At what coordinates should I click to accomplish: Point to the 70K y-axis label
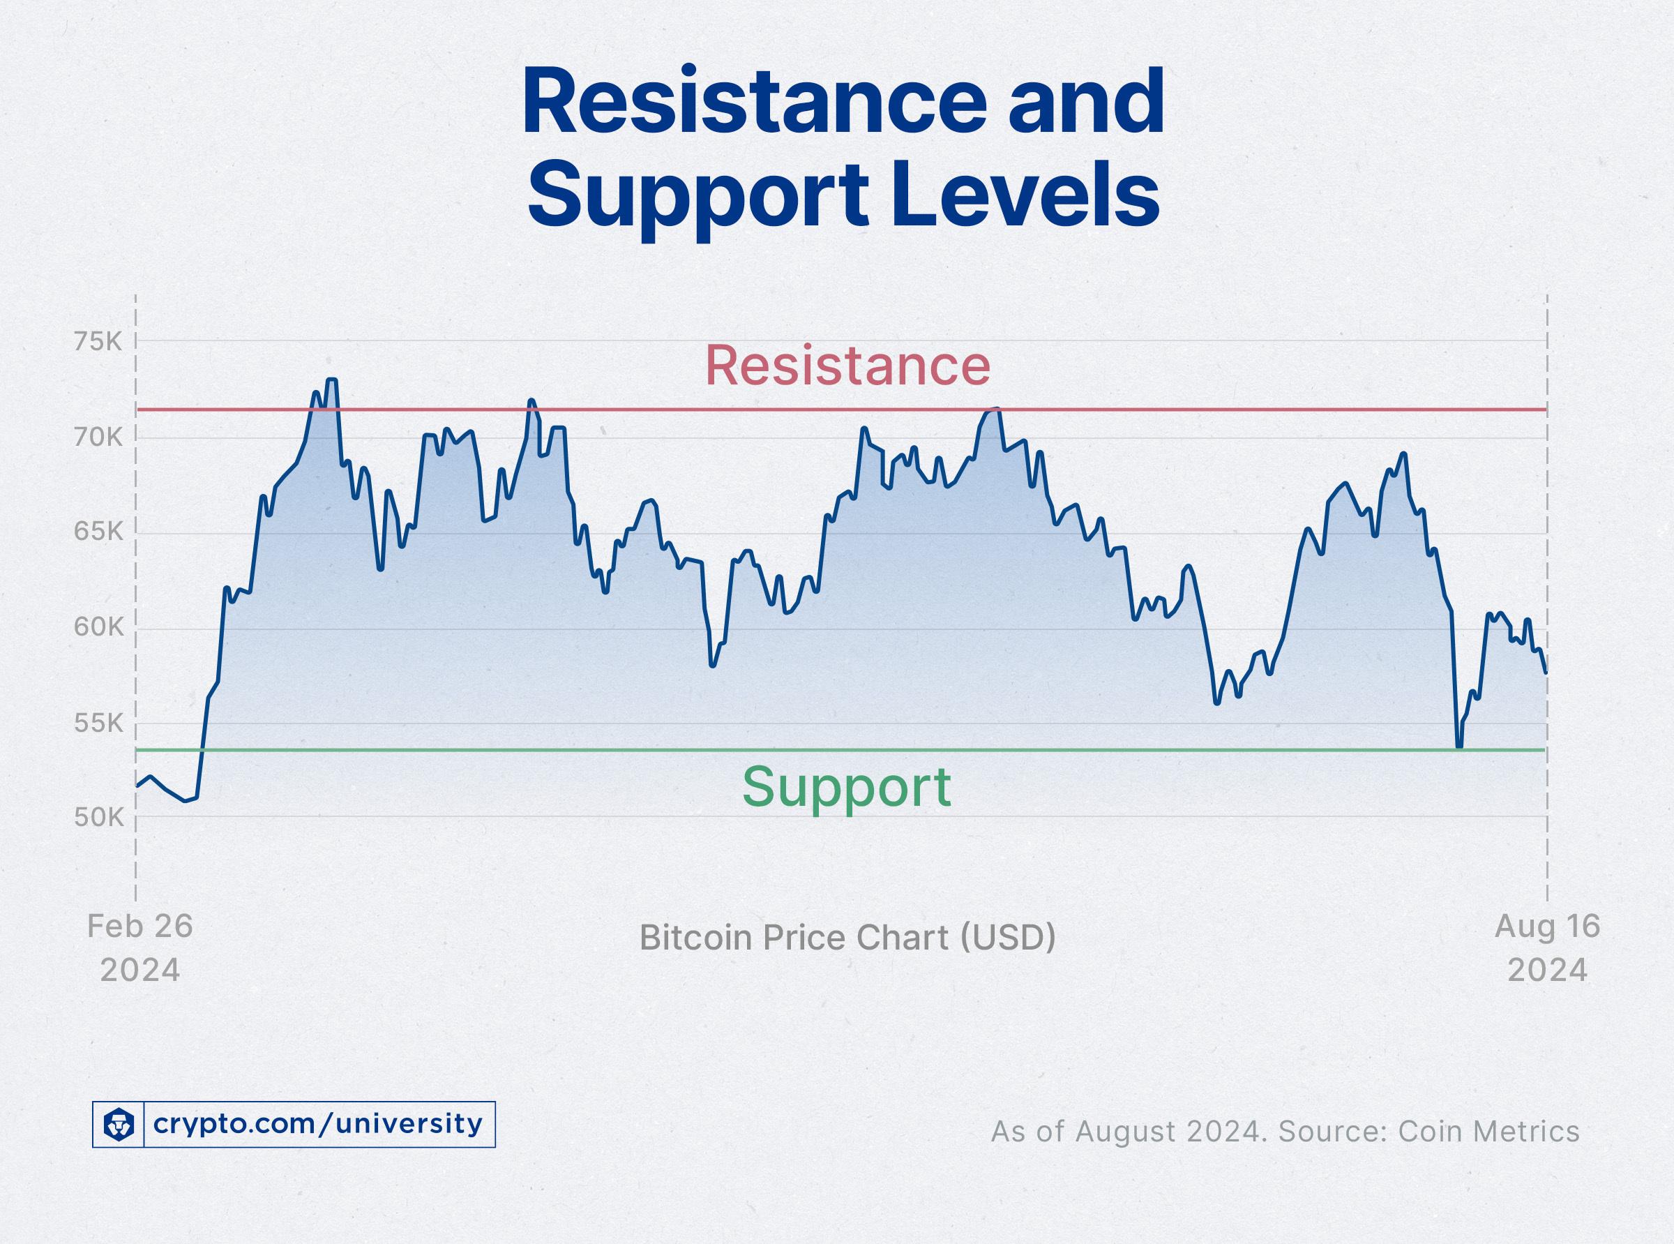97,437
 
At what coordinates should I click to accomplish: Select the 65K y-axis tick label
97,532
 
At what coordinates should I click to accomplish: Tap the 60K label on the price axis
97,627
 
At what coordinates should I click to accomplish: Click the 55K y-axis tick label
97,723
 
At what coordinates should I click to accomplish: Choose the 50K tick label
97,818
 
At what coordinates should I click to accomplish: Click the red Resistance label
847,365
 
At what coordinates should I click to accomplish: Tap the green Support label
847,787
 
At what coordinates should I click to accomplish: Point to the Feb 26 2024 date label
140,948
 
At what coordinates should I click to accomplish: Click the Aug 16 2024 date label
1547,948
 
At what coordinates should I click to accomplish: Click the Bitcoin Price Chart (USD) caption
847,938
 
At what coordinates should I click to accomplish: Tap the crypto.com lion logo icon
118,1124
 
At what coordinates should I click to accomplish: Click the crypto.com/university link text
317,1124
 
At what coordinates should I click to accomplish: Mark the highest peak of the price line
331,380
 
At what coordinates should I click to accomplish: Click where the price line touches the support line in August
1458,747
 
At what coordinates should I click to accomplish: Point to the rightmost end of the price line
1545,673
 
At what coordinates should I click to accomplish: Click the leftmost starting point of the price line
137,786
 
